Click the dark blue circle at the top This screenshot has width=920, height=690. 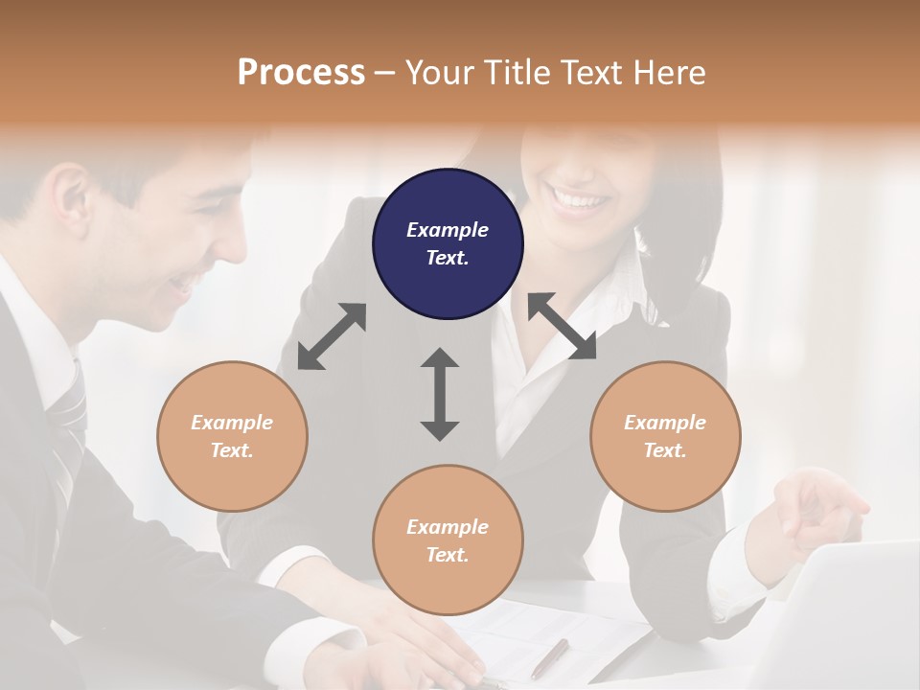point(448,243)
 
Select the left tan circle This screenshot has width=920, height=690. point(232,436)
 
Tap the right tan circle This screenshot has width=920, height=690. point(665,436)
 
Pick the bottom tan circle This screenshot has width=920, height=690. point(448,540)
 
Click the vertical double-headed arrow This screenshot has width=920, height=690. point(440,394)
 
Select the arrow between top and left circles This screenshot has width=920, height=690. point(332,336)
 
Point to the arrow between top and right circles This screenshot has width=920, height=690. point(562,326)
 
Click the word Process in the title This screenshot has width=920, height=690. point(301,72)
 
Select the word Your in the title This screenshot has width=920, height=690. point(439,72)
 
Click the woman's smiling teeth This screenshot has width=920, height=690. point(580,200)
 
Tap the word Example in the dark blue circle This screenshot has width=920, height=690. point(448,230)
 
